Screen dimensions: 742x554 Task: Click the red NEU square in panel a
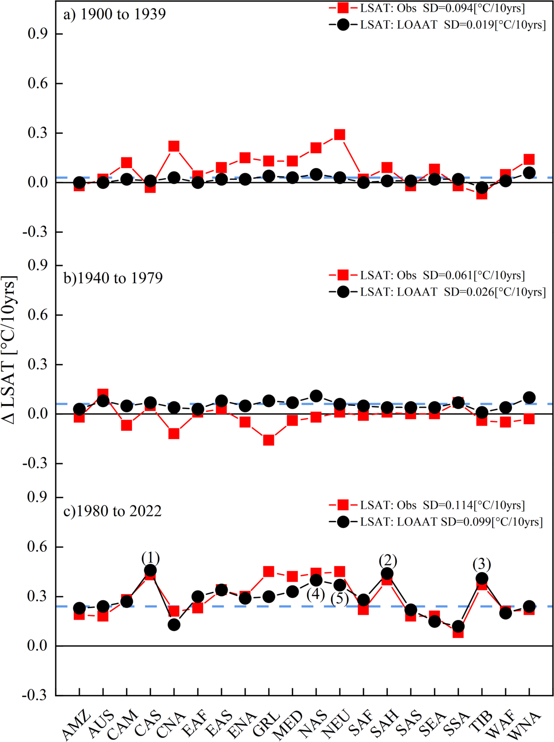[340, 135]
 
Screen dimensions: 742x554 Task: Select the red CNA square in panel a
[174, 146]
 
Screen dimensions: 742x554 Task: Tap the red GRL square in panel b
[269, 440]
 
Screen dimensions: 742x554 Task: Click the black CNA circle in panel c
[174, 625]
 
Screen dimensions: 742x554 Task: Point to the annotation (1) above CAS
[151, 558]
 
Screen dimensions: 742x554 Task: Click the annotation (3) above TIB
[482, 564]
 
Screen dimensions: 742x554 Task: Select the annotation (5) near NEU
[339, 599]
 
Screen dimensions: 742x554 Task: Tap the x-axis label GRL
[266, 724]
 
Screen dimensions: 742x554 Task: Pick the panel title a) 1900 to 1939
[114, 14]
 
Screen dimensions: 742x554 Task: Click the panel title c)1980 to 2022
[113, 511]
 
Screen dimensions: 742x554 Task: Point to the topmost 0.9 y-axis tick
[39, 34]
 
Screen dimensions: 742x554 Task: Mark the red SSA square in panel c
[458, 632]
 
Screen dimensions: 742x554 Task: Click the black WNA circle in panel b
[529, 398]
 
